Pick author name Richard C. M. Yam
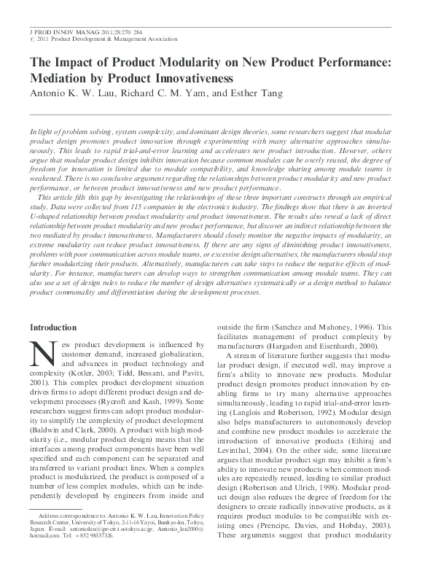click(x=171, y=94)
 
